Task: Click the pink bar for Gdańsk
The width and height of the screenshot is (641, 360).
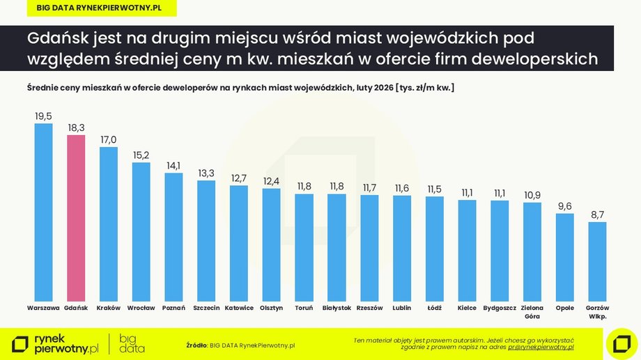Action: tap(76, 217)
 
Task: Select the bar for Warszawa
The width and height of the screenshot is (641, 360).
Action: tap(43, 212)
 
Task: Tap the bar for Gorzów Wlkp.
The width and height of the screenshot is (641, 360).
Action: tap(597, 261)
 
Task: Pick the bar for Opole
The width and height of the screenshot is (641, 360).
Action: tap(564, 257)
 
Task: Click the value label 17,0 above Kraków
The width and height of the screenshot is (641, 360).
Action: tap(109, 139)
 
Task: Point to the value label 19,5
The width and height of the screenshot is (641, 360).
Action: tap(43, 116)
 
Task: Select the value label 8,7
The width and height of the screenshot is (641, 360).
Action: tap(597, 215)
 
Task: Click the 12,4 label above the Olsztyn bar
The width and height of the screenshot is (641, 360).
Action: tap(271, 181)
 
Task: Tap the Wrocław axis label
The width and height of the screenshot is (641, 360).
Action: tap(141, 308)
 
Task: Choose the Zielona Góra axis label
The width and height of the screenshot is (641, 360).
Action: tap(532, 311)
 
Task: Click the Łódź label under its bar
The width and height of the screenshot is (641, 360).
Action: tap(434, 308)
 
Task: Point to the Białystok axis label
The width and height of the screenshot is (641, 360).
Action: tap(337, 308)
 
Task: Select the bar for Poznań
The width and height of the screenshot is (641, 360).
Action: tap(173, 237)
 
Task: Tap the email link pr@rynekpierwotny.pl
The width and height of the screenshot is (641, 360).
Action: tap(541, 346)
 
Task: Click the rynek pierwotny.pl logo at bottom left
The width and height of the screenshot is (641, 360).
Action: tap(56, 343)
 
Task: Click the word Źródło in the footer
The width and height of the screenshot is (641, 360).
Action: tap(196, 345)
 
